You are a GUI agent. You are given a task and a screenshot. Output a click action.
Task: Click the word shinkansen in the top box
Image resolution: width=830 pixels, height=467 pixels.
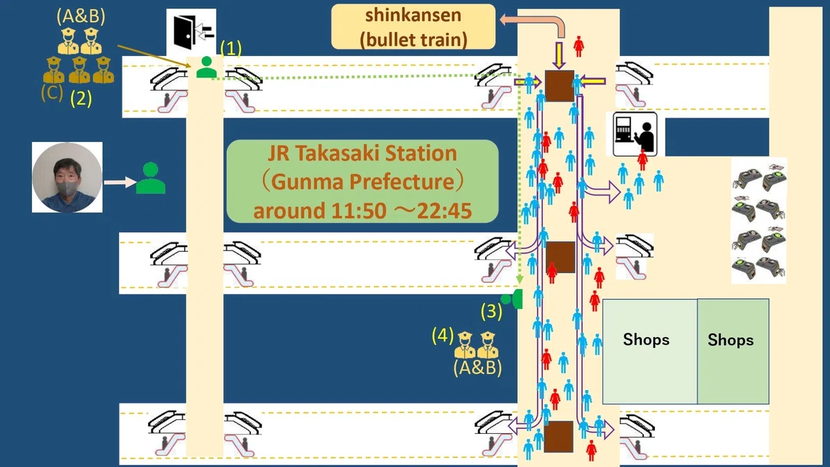click(413, 15)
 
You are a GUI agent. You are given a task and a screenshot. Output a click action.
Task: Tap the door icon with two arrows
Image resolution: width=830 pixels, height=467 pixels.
click(191, 33)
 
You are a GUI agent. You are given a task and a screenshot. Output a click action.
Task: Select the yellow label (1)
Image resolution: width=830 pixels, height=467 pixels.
click(231, 48)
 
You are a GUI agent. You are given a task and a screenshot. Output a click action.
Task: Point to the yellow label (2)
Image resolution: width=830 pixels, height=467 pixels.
click(81, 98)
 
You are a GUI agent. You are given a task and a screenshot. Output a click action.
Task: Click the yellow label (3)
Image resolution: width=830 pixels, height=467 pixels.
click(491, 311)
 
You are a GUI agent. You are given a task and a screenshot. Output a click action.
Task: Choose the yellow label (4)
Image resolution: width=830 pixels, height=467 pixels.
click(443, 336)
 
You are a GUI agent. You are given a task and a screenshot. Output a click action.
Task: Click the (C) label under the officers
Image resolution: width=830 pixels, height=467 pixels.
click(52, 93)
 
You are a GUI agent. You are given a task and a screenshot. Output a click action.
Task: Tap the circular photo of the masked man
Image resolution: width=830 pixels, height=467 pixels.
click(67, 177)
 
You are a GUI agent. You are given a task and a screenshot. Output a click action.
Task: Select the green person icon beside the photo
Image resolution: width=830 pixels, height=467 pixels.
click(151, 178)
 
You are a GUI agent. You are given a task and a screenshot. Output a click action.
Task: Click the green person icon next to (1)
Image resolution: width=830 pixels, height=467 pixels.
click(206, 67)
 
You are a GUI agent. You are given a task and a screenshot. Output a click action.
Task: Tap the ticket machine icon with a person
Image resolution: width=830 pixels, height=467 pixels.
click(635, 134)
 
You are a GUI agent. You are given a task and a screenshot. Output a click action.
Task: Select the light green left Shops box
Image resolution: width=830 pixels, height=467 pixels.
click(650, 351)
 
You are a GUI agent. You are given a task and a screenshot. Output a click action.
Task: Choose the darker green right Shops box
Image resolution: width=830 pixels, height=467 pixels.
click(733, 351)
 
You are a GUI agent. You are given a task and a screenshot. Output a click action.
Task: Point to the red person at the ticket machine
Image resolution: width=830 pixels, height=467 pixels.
click(643, 160)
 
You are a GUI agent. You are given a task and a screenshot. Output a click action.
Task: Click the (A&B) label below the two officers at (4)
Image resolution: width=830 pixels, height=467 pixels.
click(478, 368)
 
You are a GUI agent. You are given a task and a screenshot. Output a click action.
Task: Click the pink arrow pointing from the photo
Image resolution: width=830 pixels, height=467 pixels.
click(120, 182)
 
